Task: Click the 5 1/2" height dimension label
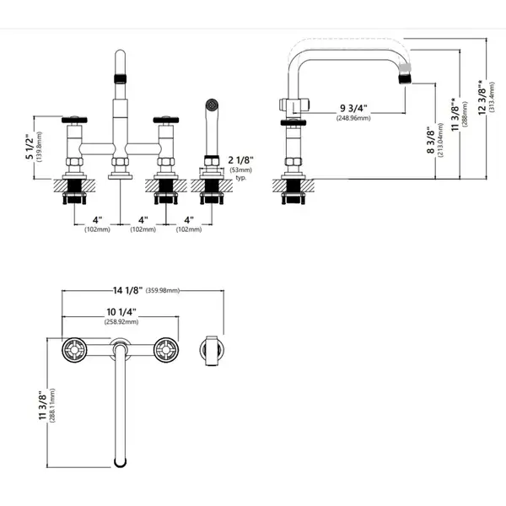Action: [30, 147]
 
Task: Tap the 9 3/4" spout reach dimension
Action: [353, 108]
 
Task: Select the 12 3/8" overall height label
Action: [482, 97]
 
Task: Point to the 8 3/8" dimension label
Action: [431, 140]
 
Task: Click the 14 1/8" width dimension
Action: [127, 290]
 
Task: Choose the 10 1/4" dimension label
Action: [121, 312]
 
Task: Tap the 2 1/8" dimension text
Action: [240, 160]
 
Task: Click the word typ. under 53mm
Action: [240, 177]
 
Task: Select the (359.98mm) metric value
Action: [163, 290]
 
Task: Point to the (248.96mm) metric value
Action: [353, 118]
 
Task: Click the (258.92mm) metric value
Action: [121, 322]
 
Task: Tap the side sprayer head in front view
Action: [212, 105]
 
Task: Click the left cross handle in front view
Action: [74, 120]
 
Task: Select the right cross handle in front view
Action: [166, 120]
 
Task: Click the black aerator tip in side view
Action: [405, 78]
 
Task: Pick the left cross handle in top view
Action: [74, 350]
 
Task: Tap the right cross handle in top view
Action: [166, 350]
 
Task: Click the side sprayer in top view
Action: [212, 351]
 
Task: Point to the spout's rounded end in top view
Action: [120, 462]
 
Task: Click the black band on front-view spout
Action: [120, 78]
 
